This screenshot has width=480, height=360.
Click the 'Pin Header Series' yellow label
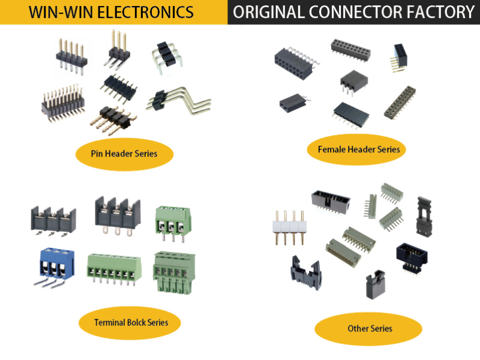(x=124, y=154)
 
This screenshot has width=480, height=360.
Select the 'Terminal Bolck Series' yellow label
(x=130, y=322)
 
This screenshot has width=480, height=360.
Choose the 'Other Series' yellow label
(x=369, y=328)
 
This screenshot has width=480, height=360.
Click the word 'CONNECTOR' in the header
(x=359, y=12)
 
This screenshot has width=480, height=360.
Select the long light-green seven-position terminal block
(x=114, y=268)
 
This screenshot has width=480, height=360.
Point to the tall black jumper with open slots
(x=424, y=214)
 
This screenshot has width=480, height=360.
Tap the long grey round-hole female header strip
(x=399, y=101)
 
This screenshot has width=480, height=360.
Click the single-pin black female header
(x=292, y=103)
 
